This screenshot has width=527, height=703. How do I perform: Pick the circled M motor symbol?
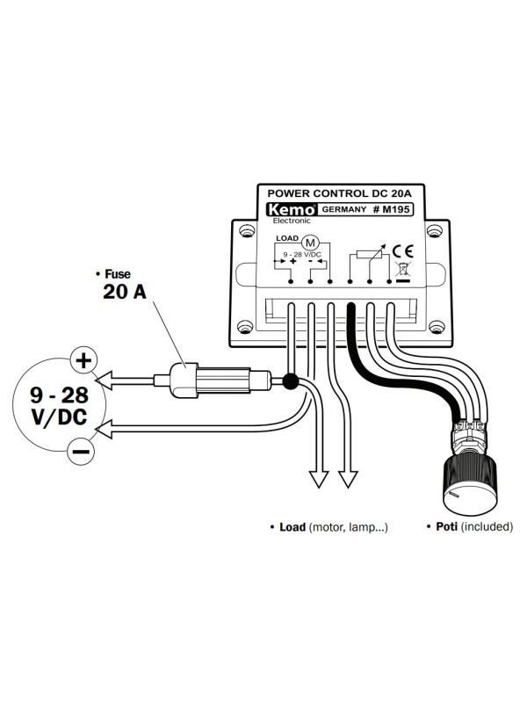click(x=310, y=243)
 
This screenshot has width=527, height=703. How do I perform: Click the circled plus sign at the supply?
click(x=83, y=360)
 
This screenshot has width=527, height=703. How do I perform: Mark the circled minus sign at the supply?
click(x=80, y=452)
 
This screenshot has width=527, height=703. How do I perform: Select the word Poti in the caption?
click(x=444, y=527)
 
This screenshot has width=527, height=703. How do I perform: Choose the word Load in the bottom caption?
click(x=292, y=527)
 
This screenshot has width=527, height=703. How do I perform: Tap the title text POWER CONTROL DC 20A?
click(x=333, y=191)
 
